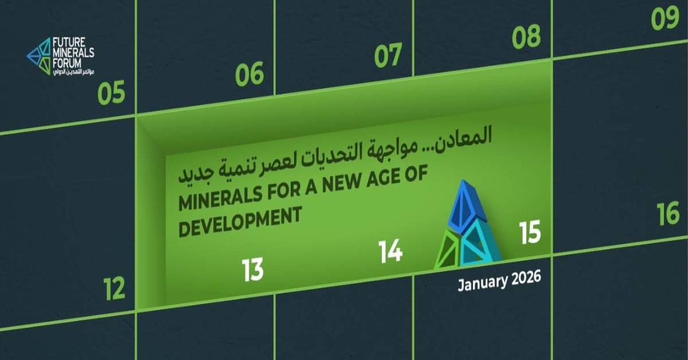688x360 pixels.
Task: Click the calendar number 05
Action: [x=111, y=93]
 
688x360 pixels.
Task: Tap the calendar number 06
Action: [x=250, y=75]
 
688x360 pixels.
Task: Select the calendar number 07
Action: [x=388, y=56]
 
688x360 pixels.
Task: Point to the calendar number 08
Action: [x=526, y=37]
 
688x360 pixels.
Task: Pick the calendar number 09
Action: [x=665, y=19]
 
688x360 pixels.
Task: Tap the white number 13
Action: [x=252, y=269]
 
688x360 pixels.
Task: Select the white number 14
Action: [x=390, y=251]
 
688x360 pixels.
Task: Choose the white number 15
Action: [x=530, y=233]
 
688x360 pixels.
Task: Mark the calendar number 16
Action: [x=668, y=213]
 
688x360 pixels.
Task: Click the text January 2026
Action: [x=499, y=281]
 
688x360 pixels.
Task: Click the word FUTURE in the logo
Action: [x=69, y=42]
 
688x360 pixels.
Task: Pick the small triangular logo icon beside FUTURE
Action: [x=39, y=56]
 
